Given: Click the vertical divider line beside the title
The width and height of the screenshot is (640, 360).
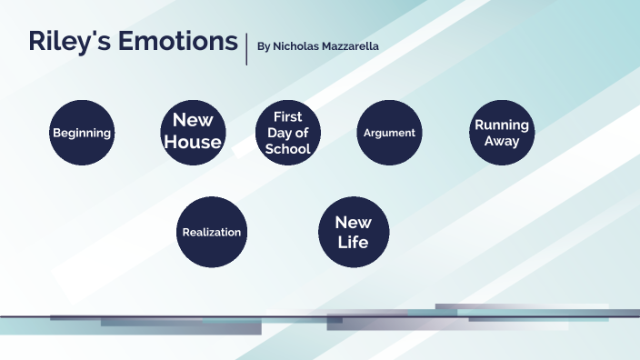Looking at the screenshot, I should [x=246, y=47].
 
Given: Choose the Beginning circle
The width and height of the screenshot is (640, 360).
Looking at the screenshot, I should [x=82, y=133].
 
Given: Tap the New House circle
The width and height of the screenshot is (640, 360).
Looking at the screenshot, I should [x=193, y=132].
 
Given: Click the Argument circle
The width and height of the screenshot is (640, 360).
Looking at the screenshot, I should [x=389, y=133].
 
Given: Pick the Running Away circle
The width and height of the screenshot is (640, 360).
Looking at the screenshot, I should [x=502, y=133].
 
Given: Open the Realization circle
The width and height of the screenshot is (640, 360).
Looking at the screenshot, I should [x=212, y=232].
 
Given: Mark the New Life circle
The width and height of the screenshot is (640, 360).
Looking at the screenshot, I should [x=354, y=232].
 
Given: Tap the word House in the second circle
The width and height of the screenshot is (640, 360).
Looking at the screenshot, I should [x=193, y=142].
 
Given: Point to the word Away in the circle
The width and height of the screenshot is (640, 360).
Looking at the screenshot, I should [x=502, y=141].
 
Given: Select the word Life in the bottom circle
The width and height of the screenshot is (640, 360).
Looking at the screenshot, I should [x=354, y=242].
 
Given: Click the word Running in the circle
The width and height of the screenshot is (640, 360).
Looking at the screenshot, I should [x=502, y=125].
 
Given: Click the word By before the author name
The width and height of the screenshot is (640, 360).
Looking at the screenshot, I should [x=264, y=45].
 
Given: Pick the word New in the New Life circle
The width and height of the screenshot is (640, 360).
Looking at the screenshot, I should [x=354, y=223].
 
